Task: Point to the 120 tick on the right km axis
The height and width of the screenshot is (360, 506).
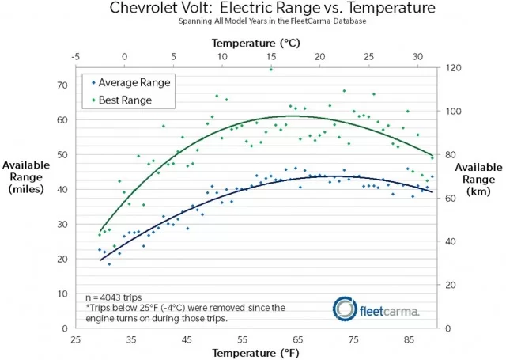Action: (452, 68)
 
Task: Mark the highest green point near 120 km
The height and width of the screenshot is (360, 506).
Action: (271, 69)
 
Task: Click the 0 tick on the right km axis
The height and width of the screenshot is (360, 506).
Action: (449, 328)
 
